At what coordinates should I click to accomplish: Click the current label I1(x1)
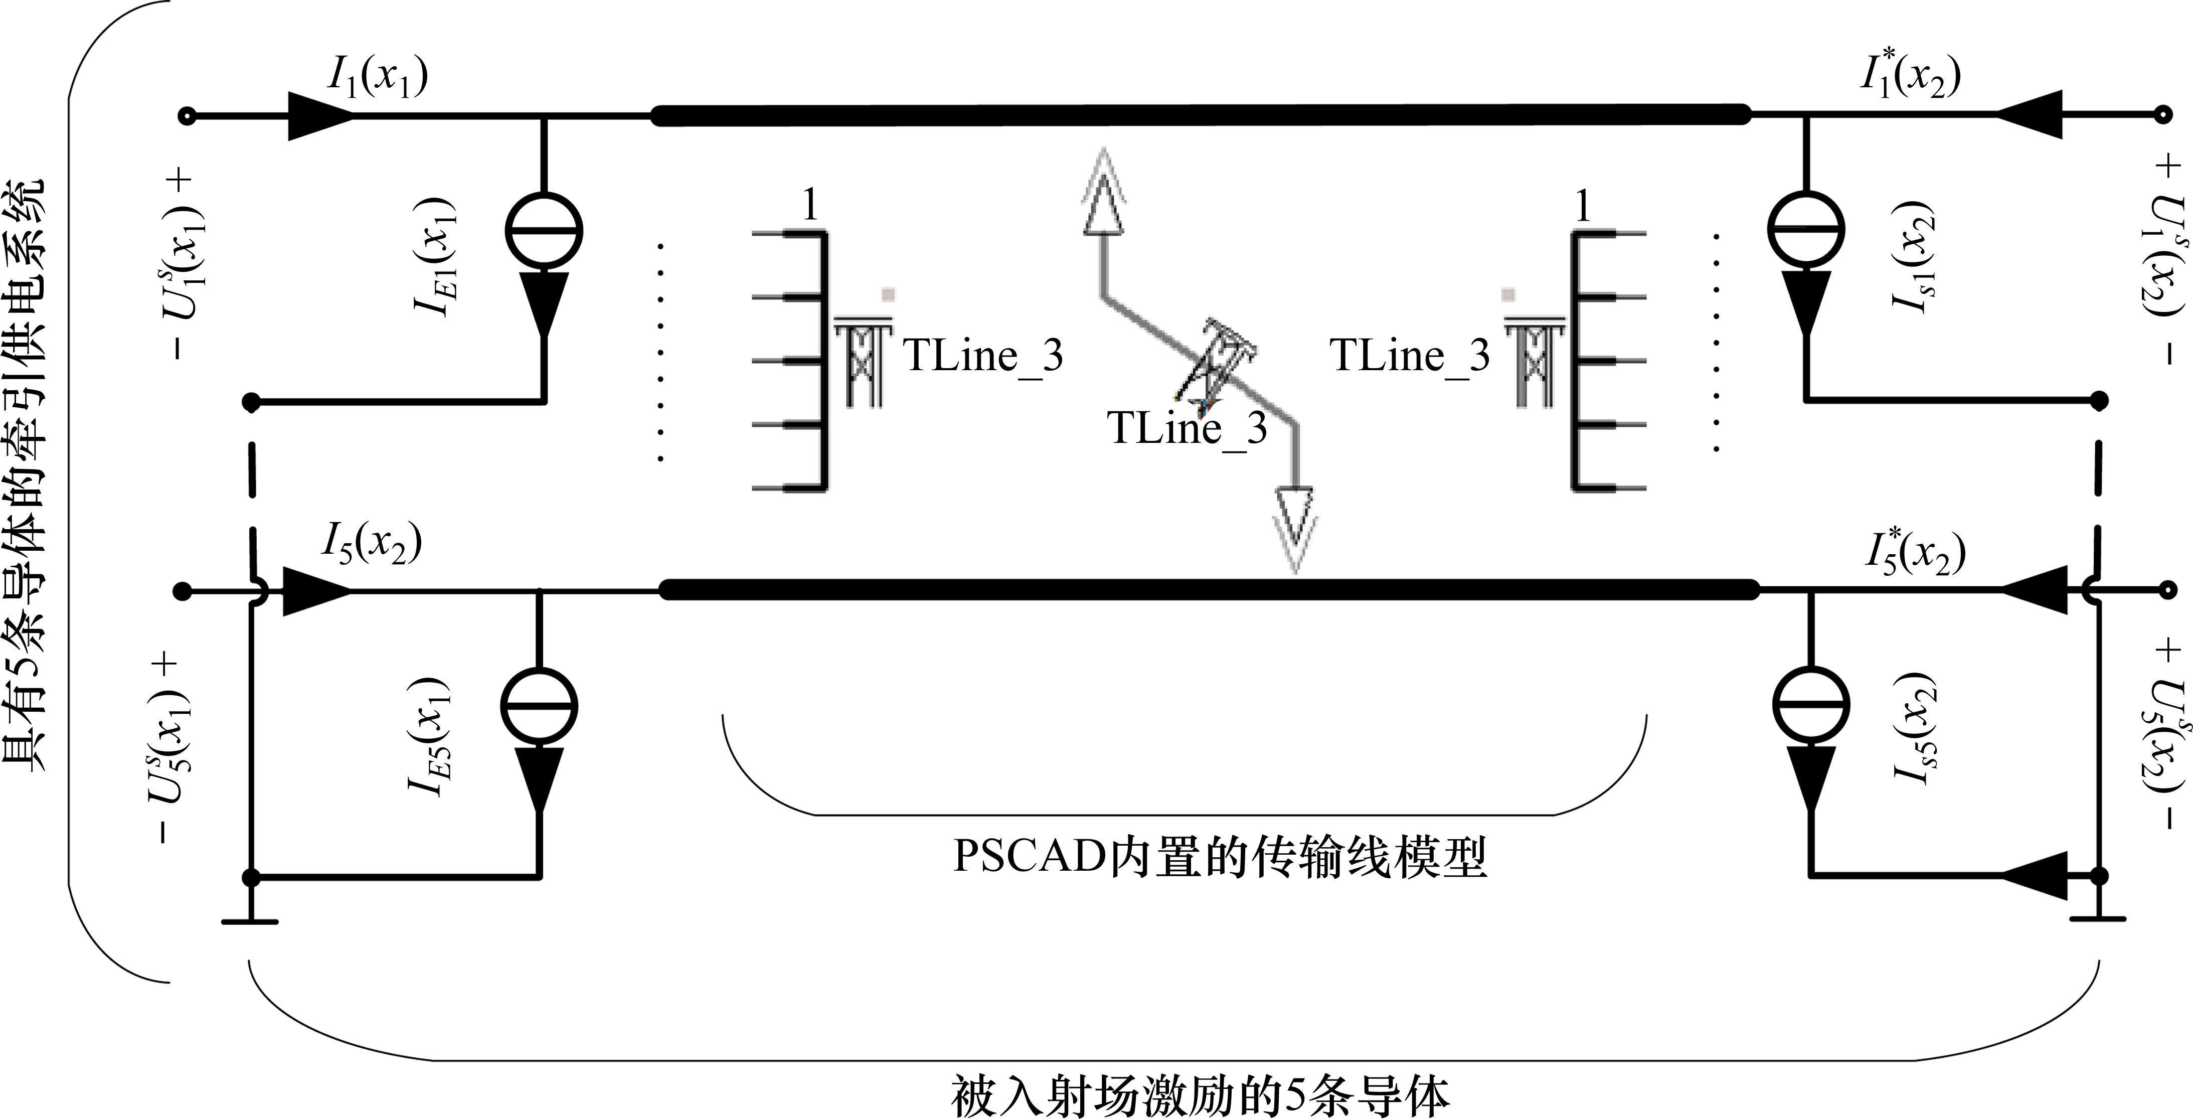377,78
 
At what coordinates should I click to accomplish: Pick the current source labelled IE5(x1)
539,707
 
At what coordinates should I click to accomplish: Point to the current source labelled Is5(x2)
1811,707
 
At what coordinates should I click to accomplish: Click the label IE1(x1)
435,257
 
